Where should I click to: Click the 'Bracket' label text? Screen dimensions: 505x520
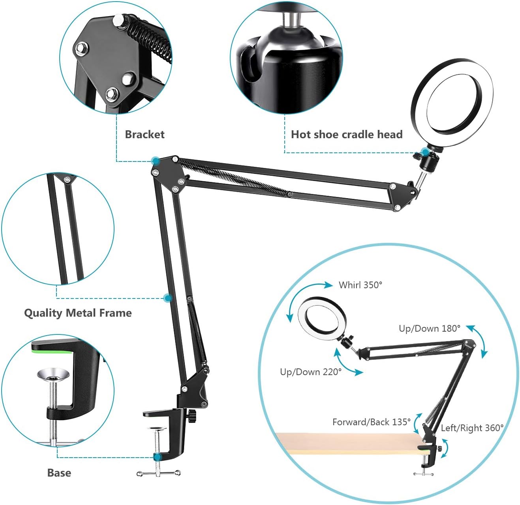(x=145, y=134)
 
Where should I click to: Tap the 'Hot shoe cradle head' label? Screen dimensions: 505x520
(x=346, y=134)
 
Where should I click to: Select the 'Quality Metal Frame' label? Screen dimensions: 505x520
(x=78, y=313)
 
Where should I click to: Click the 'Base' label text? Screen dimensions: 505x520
(x=59, y=473)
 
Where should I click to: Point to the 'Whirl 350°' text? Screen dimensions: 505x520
(x=360, y=285)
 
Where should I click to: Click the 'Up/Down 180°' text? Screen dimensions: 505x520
(x=430, y=328)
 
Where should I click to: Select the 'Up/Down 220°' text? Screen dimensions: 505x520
(x=311, y=372)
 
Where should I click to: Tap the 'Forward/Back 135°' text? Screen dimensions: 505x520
(x=372, y=422)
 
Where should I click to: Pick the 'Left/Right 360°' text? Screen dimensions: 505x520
(x=472, y=428)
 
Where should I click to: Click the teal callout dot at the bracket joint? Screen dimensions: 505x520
(x=155, y=161)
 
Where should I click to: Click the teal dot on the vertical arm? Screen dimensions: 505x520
(x=168, y=298)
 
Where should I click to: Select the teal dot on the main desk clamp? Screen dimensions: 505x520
(x=158, y=457)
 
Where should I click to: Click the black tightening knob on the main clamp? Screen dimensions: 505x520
(x=192, y=416)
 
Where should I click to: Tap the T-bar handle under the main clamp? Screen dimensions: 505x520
(x=158, y=473)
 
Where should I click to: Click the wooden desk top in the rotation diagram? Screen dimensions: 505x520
(x=347, y=442)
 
